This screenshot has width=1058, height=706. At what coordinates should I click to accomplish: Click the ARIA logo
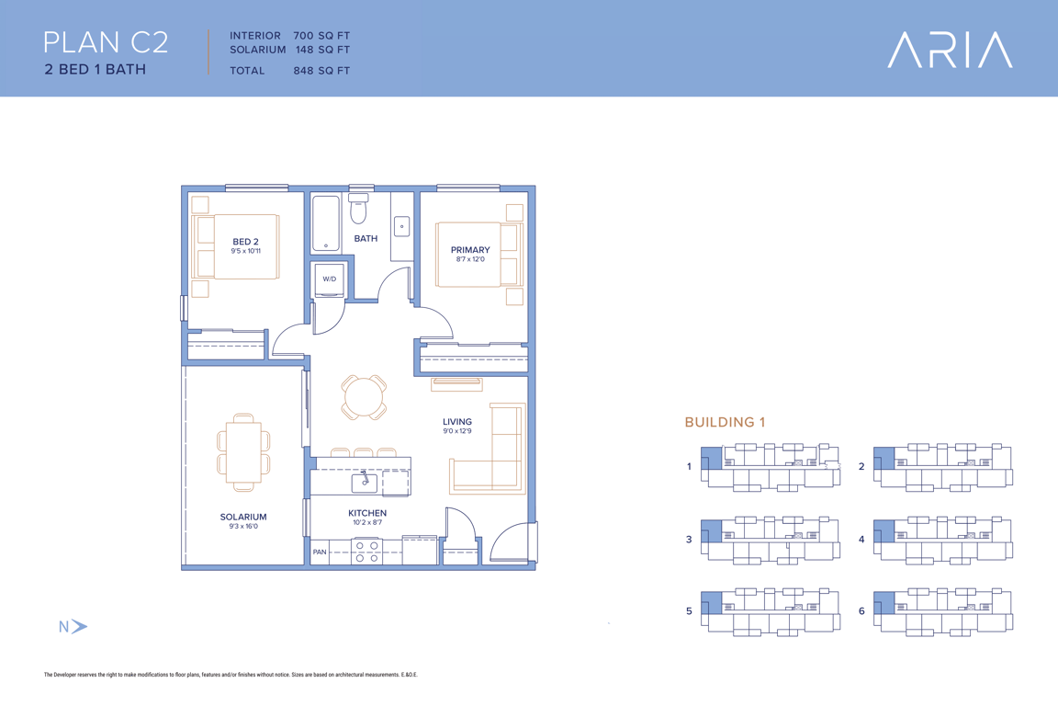[950, 50]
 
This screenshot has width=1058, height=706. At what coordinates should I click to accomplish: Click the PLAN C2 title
[106, 42]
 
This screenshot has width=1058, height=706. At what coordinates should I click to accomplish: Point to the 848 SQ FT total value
[321, 70]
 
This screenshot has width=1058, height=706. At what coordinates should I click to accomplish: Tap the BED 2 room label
[245, 241]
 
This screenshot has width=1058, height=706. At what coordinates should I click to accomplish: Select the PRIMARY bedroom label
[470, 250]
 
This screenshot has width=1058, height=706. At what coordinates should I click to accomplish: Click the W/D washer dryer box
[330, 279]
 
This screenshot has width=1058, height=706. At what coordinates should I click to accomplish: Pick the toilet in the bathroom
[358, 209]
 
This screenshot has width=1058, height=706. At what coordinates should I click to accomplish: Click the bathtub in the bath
[326, 223]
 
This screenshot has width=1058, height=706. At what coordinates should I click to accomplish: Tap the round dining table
[364, 397]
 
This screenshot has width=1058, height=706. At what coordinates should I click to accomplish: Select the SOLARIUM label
[243, 517]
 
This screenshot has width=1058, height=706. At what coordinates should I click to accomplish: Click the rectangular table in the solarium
[243, 452]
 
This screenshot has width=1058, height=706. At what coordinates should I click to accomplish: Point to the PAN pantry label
[320, 552]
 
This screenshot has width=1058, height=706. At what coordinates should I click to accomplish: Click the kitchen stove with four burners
[366, 552]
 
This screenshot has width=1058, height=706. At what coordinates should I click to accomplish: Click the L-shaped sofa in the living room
[488, 449]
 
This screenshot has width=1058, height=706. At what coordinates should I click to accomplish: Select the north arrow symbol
[73, 627]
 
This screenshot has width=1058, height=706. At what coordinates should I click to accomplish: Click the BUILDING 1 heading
[726, 422]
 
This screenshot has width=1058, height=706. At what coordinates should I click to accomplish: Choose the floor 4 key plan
[943, 539]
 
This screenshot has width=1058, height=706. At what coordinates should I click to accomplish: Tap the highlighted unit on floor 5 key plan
[711, 603]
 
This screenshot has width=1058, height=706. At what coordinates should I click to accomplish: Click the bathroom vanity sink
[401, 226]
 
